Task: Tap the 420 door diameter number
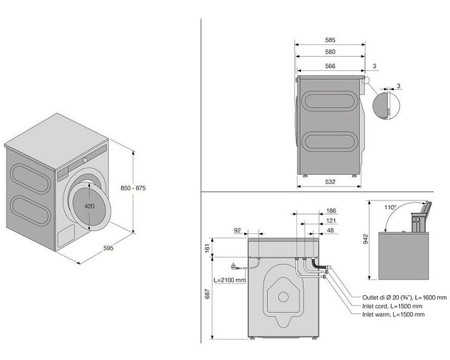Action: [x=89, y=206]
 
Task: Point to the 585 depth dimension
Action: [x=330, y=40]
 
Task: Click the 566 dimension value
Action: [x=330, y=66]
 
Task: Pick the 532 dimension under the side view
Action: [x=330, y=182]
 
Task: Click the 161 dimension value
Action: [x=207, y=247]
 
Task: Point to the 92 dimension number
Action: [x=238, y=231]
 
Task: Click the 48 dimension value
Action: [x=330, y=231]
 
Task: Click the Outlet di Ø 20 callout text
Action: [x=404, y=297]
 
